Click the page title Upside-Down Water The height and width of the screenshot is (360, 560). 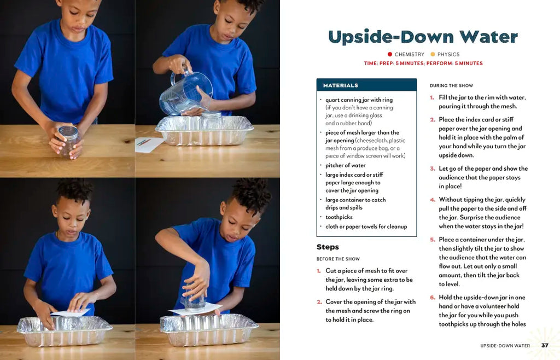pos(423,37)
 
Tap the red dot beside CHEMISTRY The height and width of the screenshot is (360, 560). pos(390,54)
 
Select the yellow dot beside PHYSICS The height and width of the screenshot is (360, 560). pos(433,54)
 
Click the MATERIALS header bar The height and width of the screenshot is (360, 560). pos(366,85)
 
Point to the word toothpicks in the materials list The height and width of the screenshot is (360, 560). pos(339,217)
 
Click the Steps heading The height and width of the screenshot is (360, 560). pos(328,247)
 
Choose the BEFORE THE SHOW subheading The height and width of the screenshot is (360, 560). pos(338,259)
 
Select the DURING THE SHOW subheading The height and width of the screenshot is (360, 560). pos(451,86)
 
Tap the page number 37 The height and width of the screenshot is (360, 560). pos(545,345)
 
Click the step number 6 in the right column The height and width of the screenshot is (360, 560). pos(433,298)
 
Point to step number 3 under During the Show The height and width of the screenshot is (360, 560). pos(433,169)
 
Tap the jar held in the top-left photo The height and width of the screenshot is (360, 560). pos(69,141)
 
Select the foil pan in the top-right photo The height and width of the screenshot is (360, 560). pos(205,130)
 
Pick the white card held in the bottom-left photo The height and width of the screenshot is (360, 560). pos(71,313)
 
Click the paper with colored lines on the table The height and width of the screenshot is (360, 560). pos(149,144)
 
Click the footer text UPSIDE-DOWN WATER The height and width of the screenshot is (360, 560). pos(505,346)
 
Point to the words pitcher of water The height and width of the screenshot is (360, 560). pos(346,165)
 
